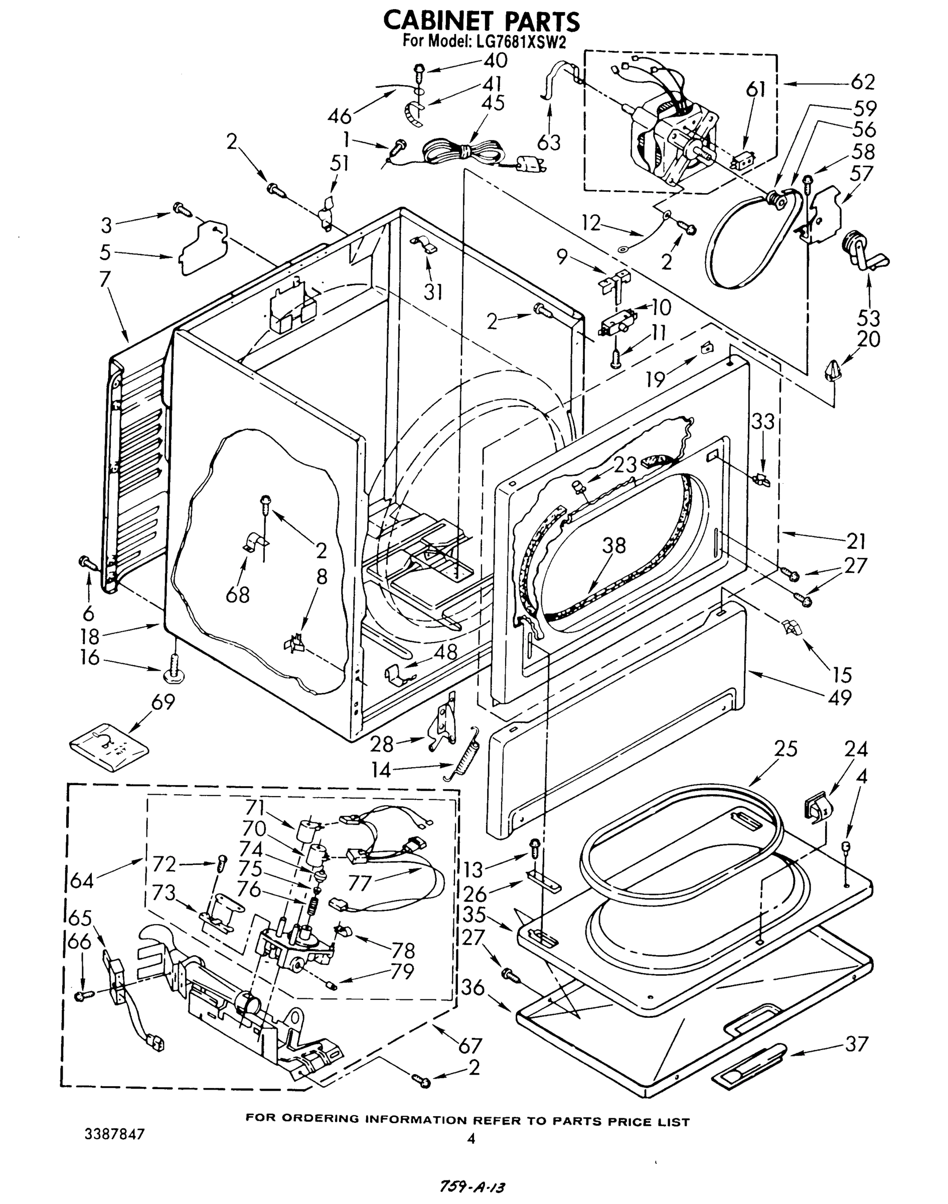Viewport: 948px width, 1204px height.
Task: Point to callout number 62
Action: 862,82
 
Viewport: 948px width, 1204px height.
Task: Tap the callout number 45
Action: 493,103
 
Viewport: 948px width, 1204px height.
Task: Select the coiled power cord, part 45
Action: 466,153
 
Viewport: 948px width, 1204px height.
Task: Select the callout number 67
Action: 469,1045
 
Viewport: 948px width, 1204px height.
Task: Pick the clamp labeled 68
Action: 255,541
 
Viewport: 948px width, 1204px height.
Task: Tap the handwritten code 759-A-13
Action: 472,1187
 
